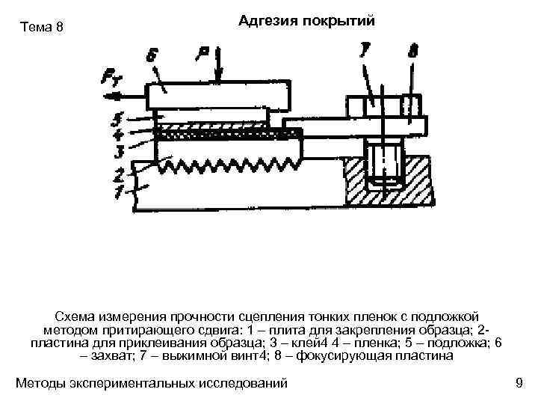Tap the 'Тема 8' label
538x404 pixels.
[x=44, y=28]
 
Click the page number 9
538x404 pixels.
[x=519, y=384]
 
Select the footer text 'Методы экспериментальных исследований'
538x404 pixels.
[x=152, y=384]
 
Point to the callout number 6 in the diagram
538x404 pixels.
[x=153, y=55]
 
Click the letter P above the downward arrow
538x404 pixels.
[x=202, y=52]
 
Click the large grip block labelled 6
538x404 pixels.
[x=217, y=95]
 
